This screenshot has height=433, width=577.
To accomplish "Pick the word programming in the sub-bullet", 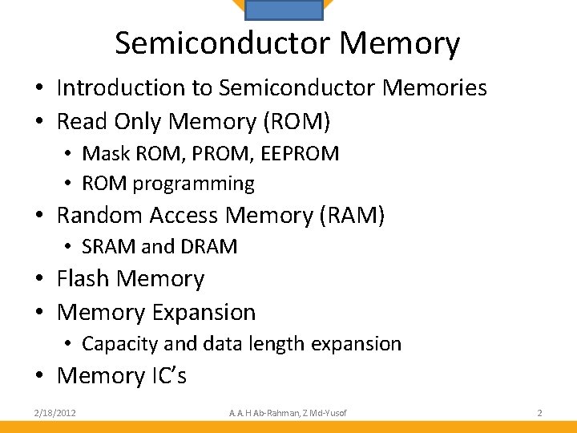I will (193, 184).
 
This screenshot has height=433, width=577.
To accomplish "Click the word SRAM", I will (109, 247).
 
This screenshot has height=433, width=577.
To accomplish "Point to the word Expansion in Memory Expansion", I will (206, 313).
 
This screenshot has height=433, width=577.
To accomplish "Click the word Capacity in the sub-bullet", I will (119, 344).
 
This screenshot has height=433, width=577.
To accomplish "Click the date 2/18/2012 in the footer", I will (55, 413).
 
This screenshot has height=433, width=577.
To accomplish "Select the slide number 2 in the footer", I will (539, 413).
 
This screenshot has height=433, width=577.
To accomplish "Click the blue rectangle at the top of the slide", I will (283, 9).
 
